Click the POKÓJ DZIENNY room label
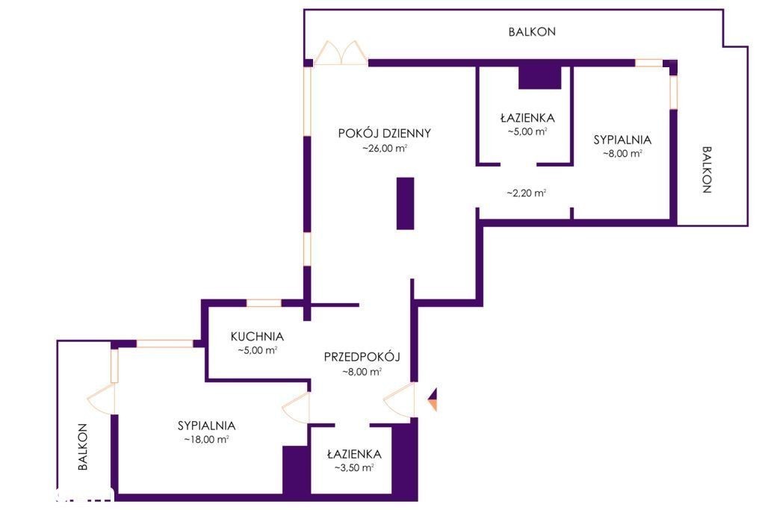[x=385, y=133]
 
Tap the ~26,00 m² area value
[x=385, y=149]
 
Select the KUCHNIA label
[x=257, y=337]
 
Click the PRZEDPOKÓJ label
[x=362, y=357]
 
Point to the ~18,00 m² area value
[x=206, y=439]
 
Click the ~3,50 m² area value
[x=354, y=468]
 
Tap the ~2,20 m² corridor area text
[x=526, y=193]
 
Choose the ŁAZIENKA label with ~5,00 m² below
[x=527, y=117]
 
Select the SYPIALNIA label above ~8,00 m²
[x=622, y=140]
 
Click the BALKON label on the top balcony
[x=532, y=31]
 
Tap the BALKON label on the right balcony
[x=707, y=170]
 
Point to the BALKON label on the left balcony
[x=83, y=447]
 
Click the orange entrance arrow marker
[x=433, y=399]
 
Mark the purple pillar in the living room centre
[x=406, y=203]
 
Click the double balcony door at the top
[x=341, y=53]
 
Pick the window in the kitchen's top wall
[x=264, y=303]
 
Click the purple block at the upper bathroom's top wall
[x=539, y=78]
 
